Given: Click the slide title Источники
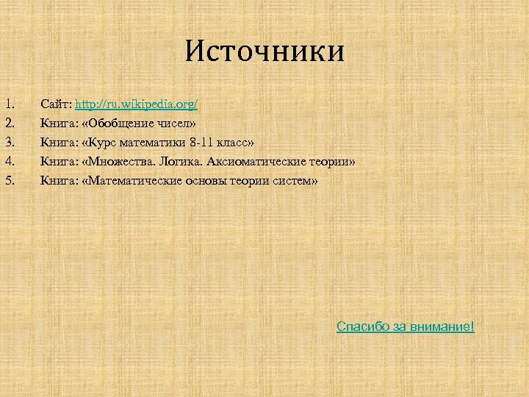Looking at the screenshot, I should (264, 52).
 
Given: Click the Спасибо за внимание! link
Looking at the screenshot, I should (406, 326).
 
